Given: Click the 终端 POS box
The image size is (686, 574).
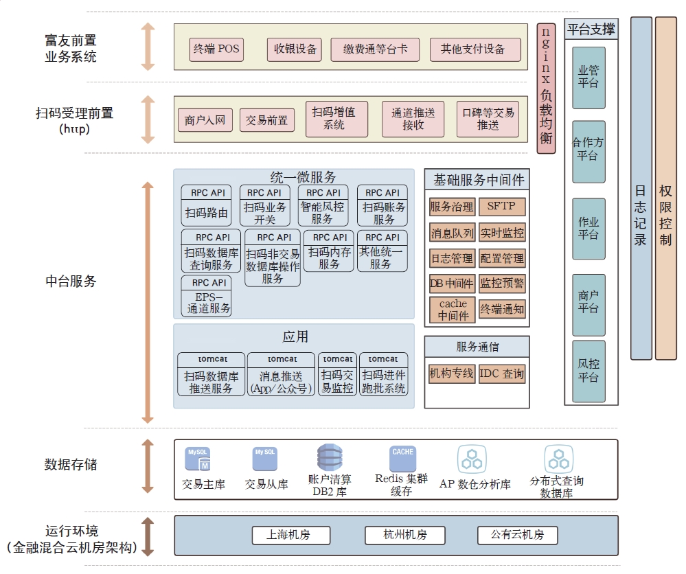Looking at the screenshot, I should (216, 49).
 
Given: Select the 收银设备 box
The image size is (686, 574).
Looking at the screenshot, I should (295, 49).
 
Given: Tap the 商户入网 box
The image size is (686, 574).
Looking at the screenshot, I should (205, 121).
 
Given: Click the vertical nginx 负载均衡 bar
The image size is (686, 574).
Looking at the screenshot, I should (546, 88).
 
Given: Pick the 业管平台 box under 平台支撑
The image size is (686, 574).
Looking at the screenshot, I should (588, 78).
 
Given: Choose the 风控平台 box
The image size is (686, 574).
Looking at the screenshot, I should (588, 371).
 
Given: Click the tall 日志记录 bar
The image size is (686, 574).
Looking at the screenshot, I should (641, 188).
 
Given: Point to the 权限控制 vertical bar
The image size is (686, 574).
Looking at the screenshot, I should (665, 188).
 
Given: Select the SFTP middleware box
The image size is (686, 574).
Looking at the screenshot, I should (501, 207).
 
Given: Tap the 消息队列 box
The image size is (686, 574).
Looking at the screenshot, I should (453, 233).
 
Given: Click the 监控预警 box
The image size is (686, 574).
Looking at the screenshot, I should (501, 283).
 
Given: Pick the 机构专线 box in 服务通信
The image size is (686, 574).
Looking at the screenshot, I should (451, 374).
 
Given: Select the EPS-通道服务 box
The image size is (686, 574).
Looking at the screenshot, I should (207, 296).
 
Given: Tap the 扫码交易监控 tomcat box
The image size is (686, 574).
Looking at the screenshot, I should (337, 374).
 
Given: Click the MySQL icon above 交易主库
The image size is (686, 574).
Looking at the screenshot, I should (197, 459).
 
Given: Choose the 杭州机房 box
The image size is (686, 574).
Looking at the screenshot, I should (405, 536).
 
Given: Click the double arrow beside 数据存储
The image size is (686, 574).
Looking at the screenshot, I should (148, 466).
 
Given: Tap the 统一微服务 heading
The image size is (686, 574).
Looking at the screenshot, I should (294, 178).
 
